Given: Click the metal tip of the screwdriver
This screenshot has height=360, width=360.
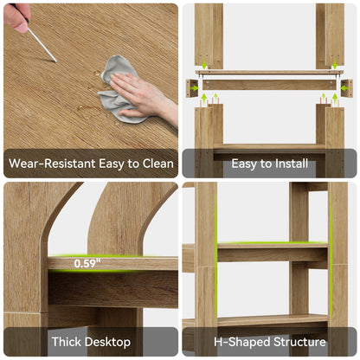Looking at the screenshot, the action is click(x=56, y=61).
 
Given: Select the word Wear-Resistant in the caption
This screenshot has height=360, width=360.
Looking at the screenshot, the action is click(x=52, y=164).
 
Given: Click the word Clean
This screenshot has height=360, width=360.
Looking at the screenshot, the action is click(x=158, y=164).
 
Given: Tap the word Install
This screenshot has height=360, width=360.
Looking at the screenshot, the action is click(x=292, y=164).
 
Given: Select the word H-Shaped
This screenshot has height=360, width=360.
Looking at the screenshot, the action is click(x=242, y=343).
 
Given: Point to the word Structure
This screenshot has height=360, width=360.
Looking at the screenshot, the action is click(x=299, y=342).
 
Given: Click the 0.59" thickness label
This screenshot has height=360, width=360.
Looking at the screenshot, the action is click(x=87, y=263).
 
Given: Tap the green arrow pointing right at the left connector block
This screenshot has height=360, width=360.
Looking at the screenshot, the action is click(x=195, y=88).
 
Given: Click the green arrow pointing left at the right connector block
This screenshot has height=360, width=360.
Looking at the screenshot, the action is click(x=344, y=88).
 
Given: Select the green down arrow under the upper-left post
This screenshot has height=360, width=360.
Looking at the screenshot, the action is click(x=204, y=64).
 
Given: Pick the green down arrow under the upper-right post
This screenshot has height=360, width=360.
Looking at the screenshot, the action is click(x=335, y=64).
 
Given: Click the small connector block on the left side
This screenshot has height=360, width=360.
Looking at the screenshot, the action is click(x=192, y=88).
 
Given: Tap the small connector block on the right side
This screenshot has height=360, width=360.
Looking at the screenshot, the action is click(x=347, y=88).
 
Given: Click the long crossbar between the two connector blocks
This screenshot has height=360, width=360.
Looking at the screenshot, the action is click(x=269, y=85).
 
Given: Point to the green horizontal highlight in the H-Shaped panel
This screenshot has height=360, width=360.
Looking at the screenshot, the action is click(x=273, y=243).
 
